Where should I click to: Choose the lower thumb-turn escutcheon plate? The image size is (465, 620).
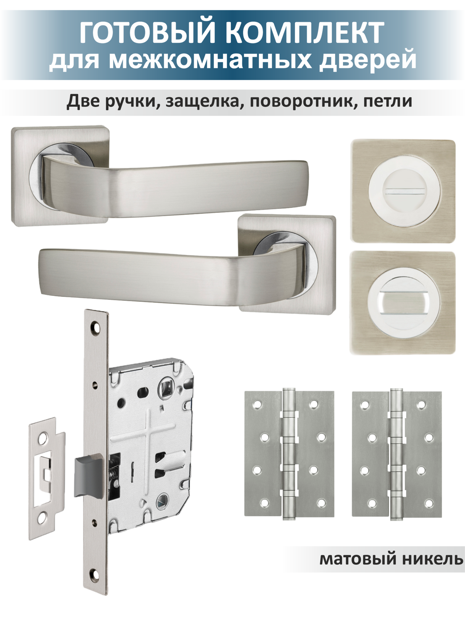[x=403, y=303]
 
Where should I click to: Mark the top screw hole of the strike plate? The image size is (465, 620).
[x=43, y=437]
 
